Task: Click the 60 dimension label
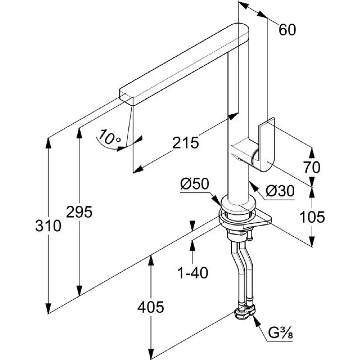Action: [x=287, y=30]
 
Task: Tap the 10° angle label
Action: [x=109, y=137]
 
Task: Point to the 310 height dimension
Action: [x=48, y=226]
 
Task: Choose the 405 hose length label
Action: [x=151, y=307]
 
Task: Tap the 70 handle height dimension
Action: [x=312, y=167]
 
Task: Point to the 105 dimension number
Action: [x=312, y=217]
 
